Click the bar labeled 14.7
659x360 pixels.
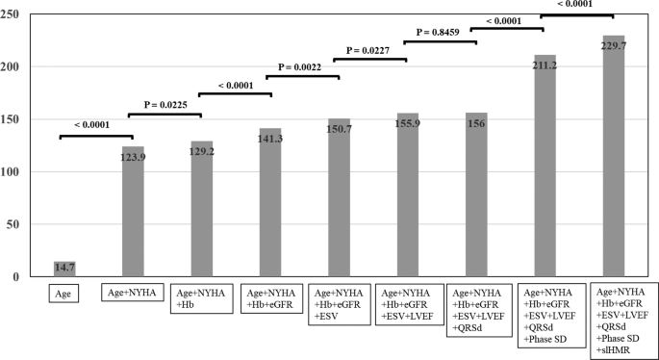64,269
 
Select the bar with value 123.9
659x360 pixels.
133,212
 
